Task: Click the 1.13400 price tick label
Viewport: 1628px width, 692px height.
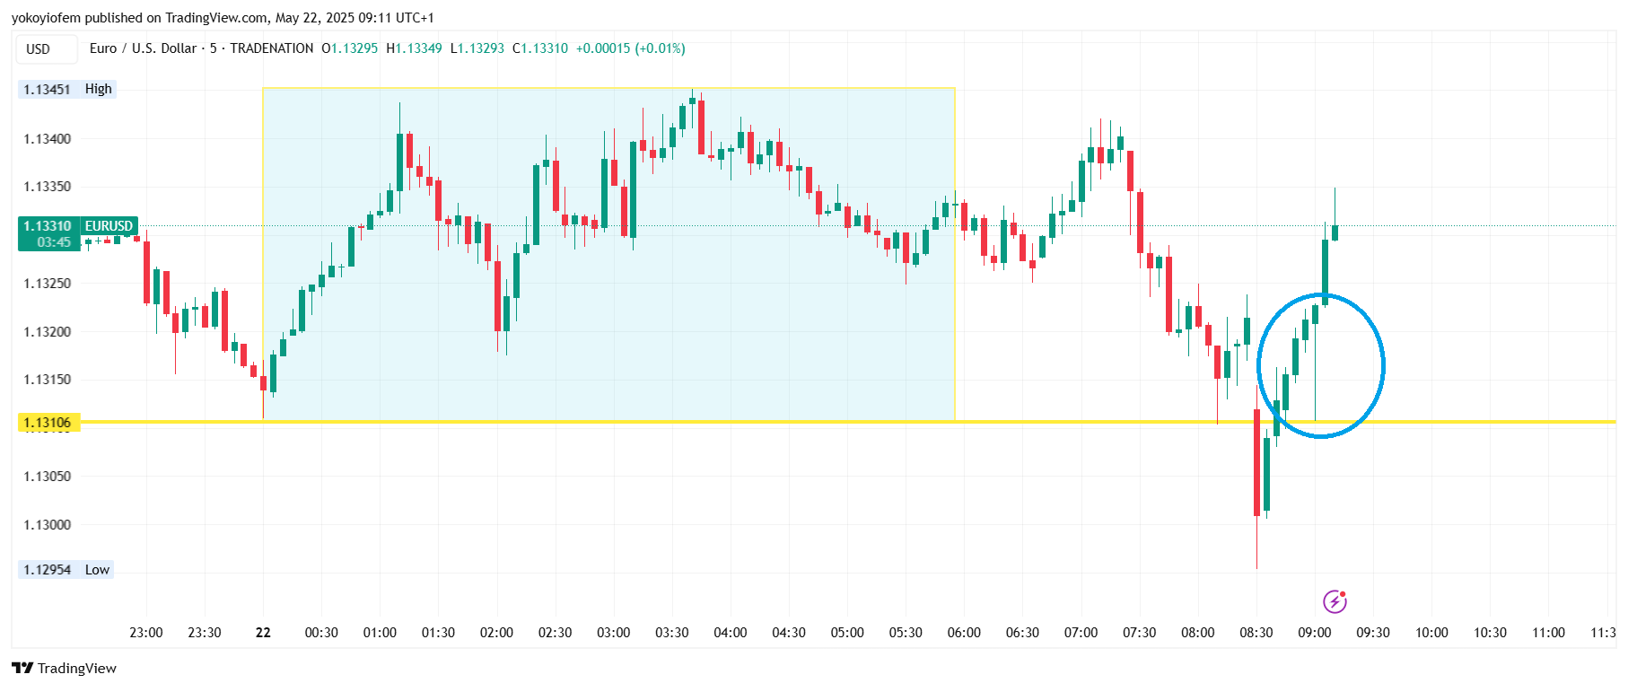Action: click(x=48, y=139)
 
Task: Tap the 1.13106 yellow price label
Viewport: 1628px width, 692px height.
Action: click(x=48, y=423)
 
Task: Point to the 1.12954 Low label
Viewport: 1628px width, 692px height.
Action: click(x=66, y=570)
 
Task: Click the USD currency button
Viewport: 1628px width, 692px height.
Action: click(x=39, y=49)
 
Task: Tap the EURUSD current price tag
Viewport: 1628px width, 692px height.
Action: click(x=78, y=233)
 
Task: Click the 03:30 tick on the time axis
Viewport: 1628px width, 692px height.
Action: click(x=671, y=633)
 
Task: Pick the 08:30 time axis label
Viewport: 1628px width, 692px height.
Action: click(x=1256, y=633)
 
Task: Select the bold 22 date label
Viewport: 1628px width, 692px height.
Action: click(x=263, y=633)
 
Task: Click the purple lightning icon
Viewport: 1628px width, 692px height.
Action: click(x=1335, y=601)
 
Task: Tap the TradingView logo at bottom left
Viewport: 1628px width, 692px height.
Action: click(x=64, y=669)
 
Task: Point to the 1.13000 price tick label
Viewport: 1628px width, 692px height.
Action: click(x=48, y=525)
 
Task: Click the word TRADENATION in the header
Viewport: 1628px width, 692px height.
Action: click(x=271, y=48)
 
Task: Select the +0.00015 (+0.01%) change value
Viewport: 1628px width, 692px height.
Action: click(x=630, y=48)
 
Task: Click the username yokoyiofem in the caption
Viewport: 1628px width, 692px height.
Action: click(x=46, y=18)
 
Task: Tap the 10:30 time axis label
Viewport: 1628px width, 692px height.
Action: click(x=1490, y=633)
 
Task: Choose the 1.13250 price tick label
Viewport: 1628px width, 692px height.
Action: click(x=48, y=284)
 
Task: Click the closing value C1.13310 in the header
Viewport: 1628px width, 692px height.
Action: click(x=540, y=48)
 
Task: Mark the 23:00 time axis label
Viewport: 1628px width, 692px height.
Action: click(x=146, y=633)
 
